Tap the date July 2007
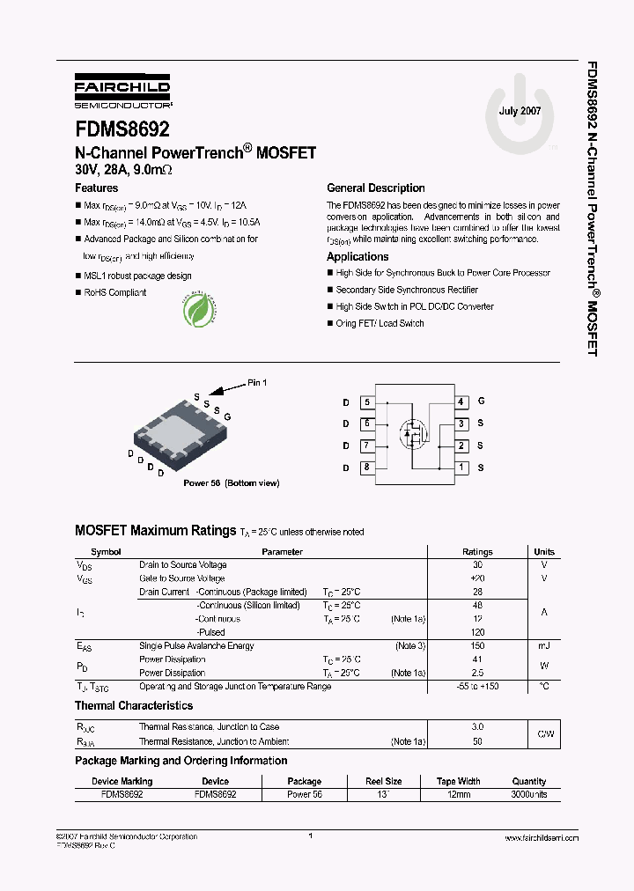[520, 111]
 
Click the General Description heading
[375, 188]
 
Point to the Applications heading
[358, 257]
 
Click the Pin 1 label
[256, 382]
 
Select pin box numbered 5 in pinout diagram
[366, 402]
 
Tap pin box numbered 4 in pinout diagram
[461, 402]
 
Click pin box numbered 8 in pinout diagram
[366, 468]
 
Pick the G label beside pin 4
[481, 401]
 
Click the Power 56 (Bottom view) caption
[232, 483]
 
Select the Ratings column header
[477, 552]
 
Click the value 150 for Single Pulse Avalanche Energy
[477, 646]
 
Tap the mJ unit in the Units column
[544, 646]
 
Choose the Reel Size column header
[384, 781]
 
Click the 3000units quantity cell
[529, 794]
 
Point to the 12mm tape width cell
[458, 794]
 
